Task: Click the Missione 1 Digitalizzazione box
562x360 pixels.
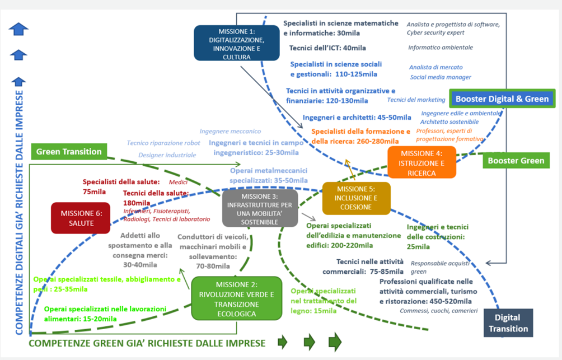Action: [237, 43]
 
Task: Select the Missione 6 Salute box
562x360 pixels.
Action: [81, 218]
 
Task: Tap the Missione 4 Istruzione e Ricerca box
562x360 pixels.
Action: [422, 162]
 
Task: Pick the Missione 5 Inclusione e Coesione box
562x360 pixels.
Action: [356, 198]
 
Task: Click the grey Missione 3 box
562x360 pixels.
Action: [260, 208]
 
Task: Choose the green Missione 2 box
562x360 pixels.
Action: [237, 298]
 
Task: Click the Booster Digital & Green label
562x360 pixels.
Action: [502, 99]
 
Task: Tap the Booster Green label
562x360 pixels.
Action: [516, 160]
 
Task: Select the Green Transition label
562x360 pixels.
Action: [69, 151]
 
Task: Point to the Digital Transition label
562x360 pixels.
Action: [508, 322]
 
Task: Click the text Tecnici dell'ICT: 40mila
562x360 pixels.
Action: [327, 48]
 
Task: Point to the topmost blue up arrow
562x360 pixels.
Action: [18, 29]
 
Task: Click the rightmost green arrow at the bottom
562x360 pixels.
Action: [335, 342]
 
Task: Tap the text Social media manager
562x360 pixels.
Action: [441, 77]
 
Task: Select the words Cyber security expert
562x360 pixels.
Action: [435, 32]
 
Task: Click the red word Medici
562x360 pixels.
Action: [178, 182]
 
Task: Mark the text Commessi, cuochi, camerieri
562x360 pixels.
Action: [439, 311]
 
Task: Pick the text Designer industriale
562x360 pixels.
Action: [167, 155]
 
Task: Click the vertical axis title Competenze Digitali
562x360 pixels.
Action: [19, 212]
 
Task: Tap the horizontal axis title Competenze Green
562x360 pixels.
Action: [147, 343]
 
